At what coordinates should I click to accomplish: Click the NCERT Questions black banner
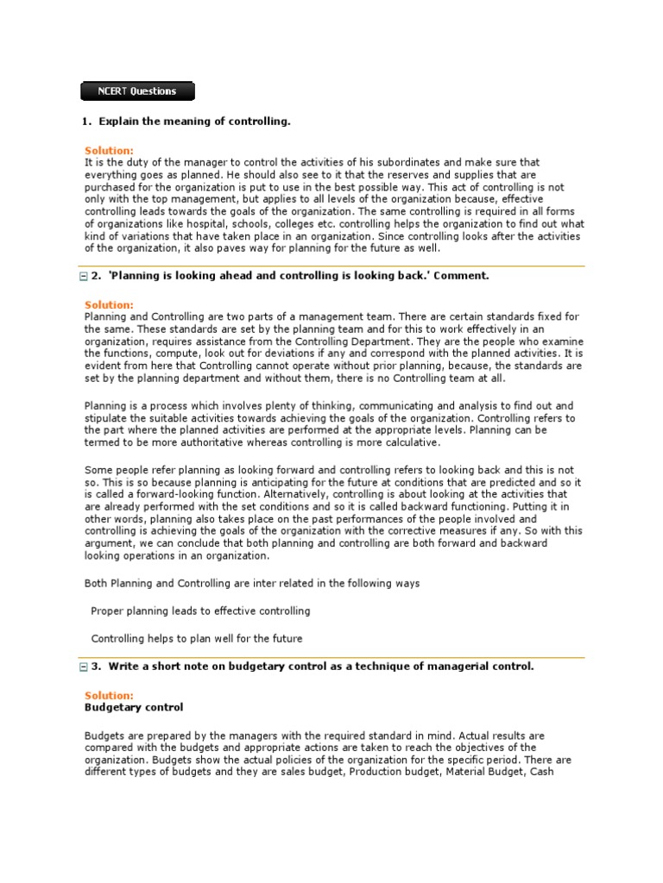point(137,91)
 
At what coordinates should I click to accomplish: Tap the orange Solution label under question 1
point(109,151)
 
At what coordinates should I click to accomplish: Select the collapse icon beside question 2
point(83,277)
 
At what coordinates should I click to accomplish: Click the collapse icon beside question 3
point(83,667)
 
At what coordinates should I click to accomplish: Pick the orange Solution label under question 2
point(109,305)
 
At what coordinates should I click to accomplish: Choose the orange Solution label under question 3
point(109,695)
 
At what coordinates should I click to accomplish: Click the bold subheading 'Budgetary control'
point(134,707)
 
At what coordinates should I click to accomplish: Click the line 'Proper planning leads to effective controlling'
point(200,611)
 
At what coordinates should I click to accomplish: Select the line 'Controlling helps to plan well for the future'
point(197,639)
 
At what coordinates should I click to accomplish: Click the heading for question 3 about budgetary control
point(321,666)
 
